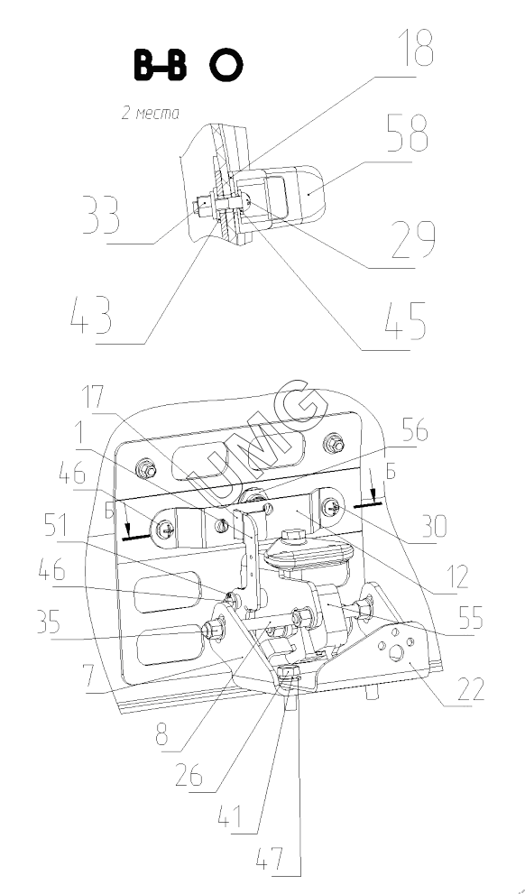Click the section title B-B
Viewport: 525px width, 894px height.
coord(160,65)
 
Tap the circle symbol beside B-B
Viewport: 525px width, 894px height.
coord(226,65)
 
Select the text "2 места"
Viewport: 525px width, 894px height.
coord(151,113)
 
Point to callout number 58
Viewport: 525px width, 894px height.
coord(407,134)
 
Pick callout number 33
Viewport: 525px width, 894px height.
coord(101,215)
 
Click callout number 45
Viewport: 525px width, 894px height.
coord(405,320)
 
